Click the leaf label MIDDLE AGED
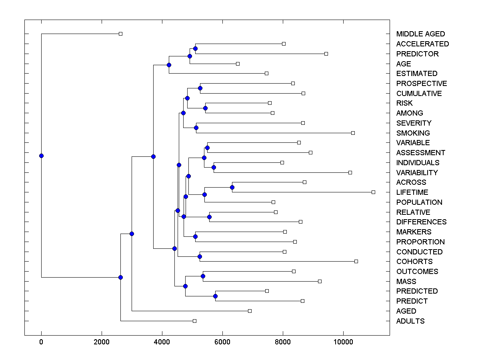420,34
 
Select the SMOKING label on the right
413,133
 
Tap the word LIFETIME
412,192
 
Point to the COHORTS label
414,262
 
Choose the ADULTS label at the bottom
410,321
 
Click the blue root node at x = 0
41,156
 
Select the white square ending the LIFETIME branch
373,192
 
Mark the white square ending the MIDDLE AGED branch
120,34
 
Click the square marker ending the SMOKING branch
353,133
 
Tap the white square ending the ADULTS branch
194,321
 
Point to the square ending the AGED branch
250,311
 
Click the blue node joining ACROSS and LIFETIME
232,187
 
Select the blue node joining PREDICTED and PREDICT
215,296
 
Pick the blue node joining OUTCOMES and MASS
203,276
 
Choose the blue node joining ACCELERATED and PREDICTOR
195,49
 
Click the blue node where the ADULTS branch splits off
120,277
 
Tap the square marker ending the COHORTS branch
356,261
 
